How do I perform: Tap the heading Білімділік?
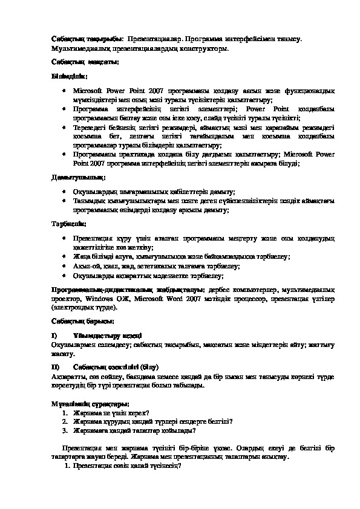(x=69, y=77)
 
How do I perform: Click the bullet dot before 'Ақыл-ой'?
(x=65, y=265)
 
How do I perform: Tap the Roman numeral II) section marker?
(x=55, y=366)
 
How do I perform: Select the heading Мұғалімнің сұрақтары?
(x=88, y=403)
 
